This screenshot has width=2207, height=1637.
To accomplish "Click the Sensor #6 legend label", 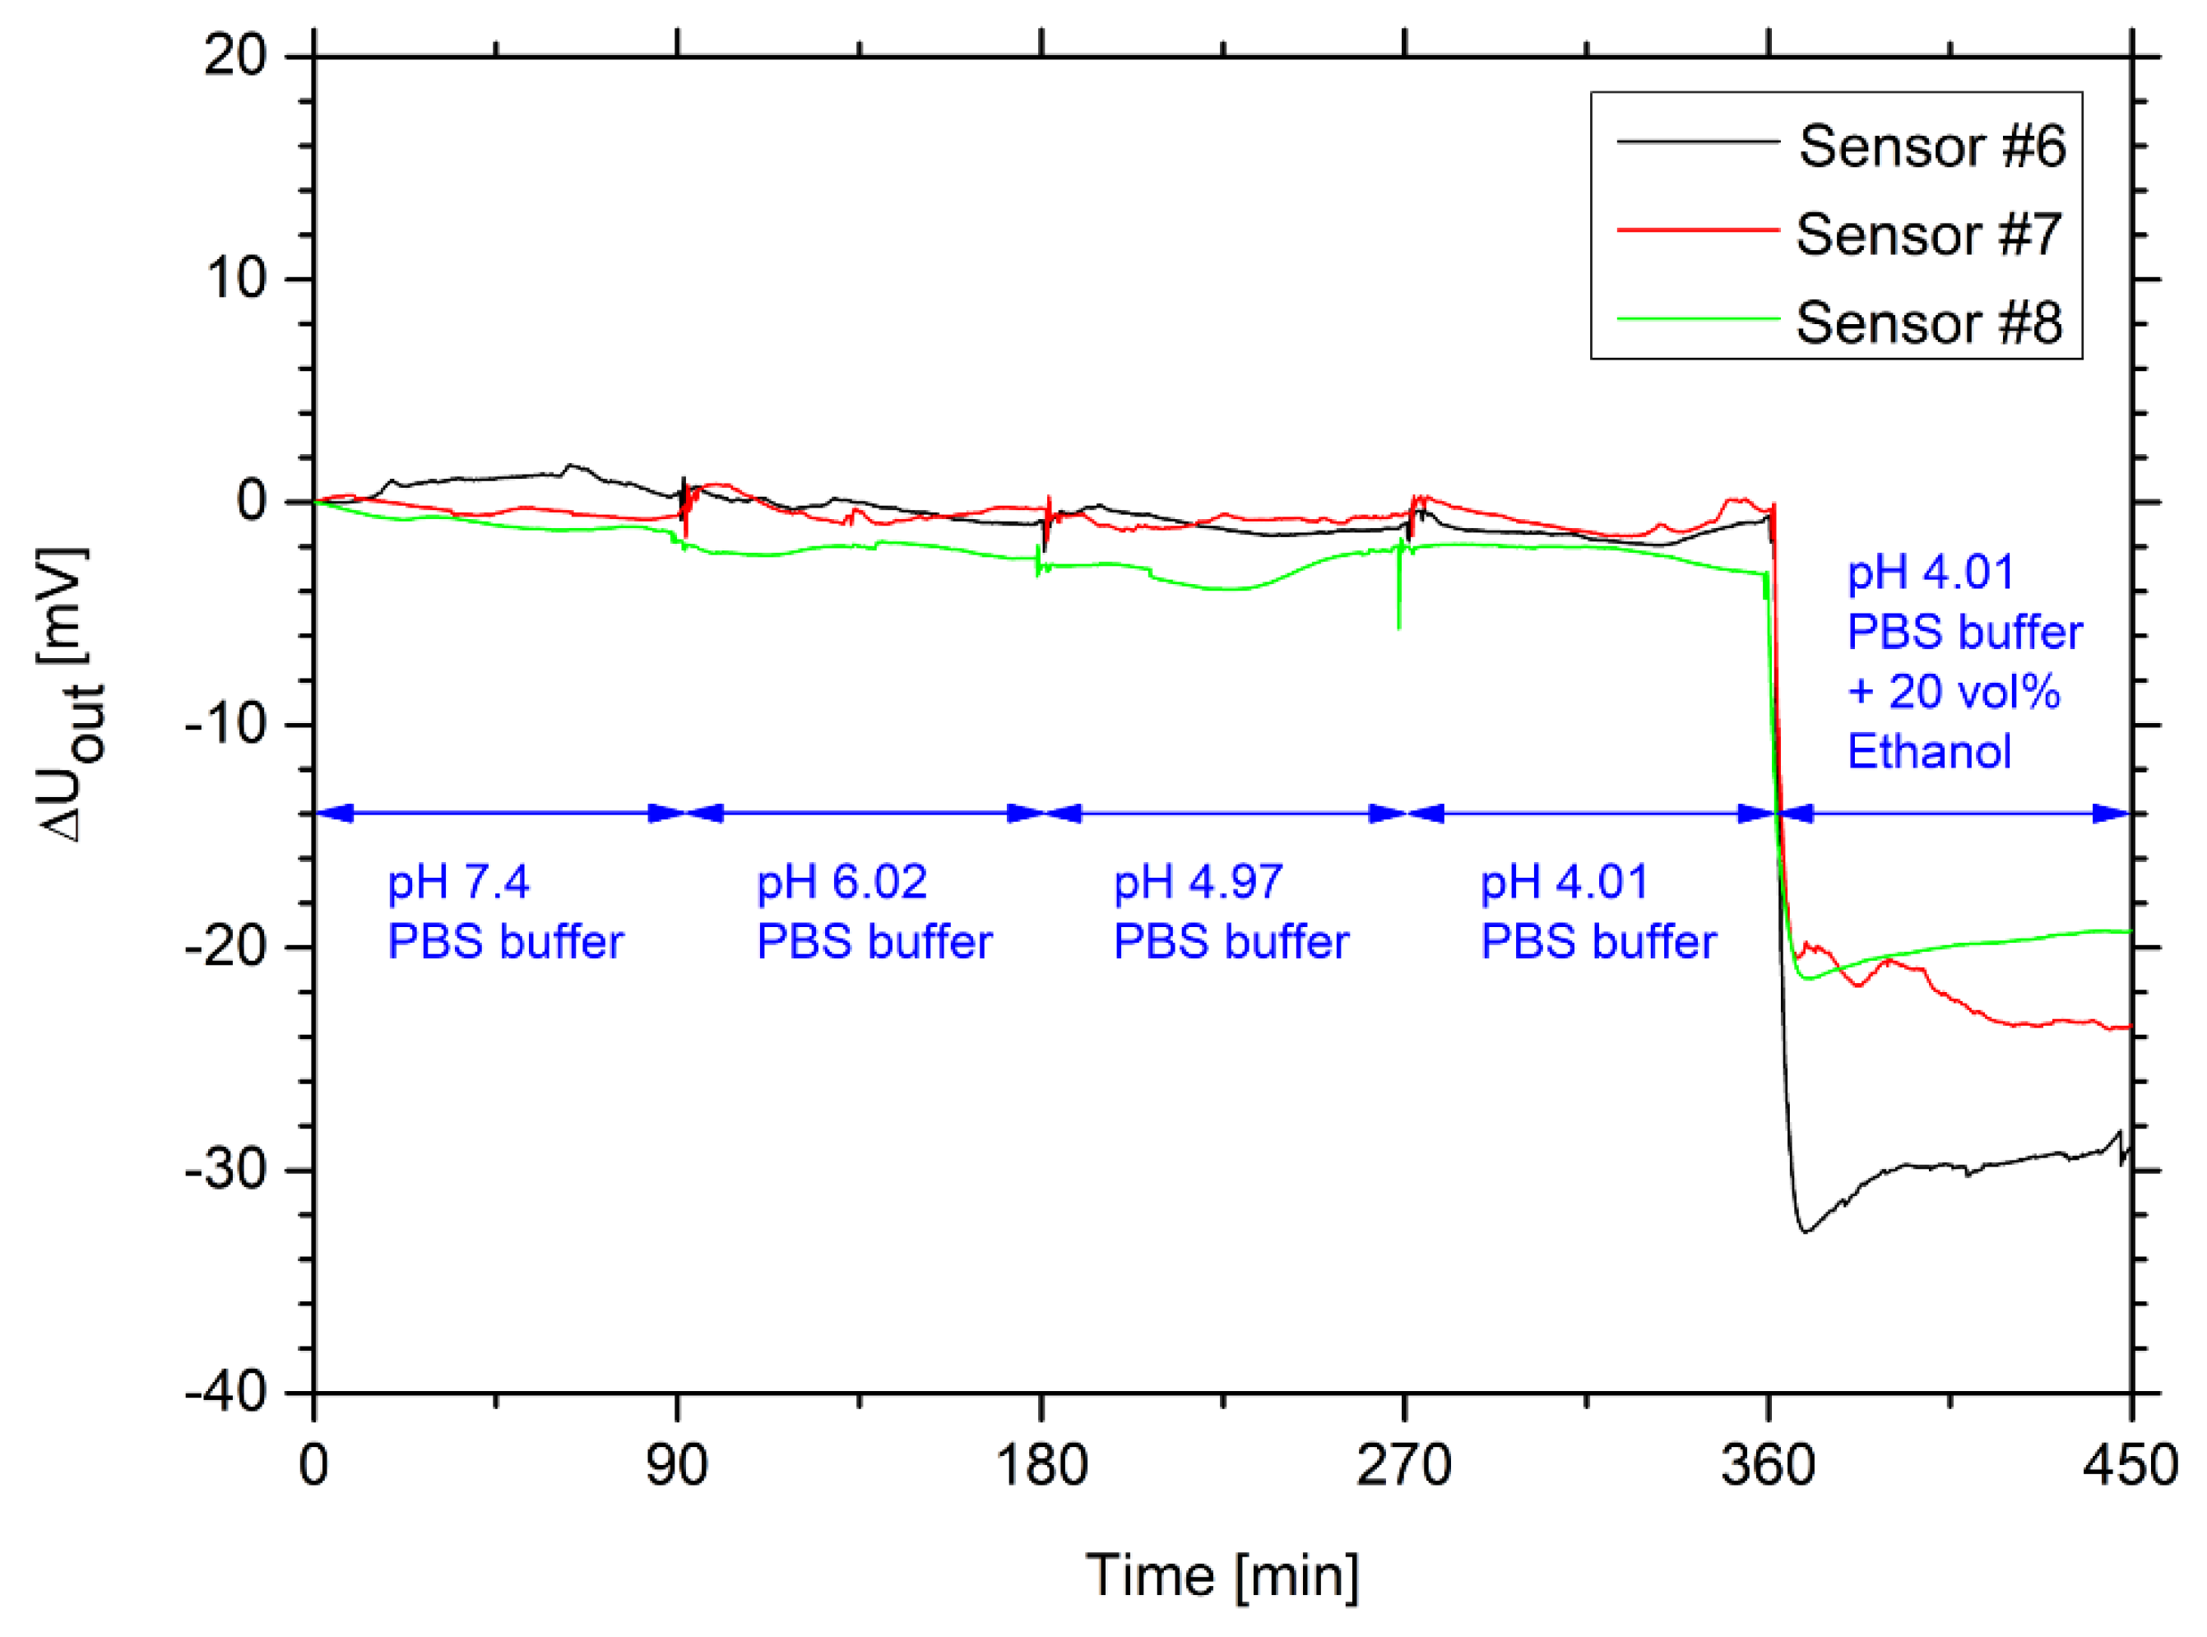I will point(1931,146).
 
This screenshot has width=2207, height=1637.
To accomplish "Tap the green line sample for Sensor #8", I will point(1698,319).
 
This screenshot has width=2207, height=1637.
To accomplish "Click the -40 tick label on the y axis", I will point(226,1394).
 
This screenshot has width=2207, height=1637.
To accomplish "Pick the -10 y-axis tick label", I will point(226,725).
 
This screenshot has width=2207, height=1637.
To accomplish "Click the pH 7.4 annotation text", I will point(458,882).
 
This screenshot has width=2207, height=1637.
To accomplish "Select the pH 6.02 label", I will point(842,882).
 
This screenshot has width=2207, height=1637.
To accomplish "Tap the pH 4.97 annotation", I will point(1199,882).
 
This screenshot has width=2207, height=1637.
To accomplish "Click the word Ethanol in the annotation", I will point(1928,751).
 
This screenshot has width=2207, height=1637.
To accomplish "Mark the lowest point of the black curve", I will point(1806,1231).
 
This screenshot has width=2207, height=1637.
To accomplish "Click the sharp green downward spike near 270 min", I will point(1398,624).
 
